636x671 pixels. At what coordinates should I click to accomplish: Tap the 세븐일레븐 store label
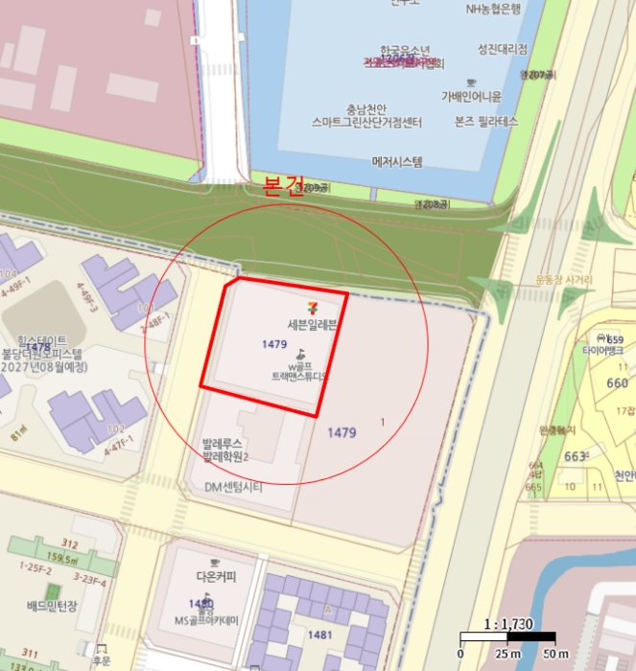click(312, 324)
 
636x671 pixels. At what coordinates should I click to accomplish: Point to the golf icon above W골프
click(299, 352)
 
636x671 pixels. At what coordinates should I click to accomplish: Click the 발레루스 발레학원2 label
click(225, 451)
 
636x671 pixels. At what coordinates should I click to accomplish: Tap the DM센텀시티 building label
click(233, 487)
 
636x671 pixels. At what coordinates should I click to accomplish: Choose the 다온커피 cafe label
click(216, 577)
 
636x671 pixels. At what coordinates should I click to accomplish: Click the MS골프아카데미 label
click(207, 620)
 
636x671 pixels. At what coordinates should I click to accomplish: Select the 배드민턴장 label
click(51, 606)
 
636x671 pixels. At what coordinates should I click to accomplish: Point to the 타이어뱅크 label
click(602, 352)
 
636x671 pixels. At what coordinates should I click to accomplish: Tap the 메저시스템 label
click(397, 162)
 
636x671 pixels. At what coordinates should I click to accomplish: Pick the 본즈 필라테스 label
click(485, 122)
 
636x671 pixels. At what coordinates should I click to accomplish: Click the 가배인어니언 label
click(471, 96)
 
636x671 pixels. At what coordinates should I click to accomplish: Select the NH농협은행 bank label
click(493, 9)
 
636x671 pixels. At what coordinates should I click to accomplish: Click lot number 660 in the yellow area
click(618, 383)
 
